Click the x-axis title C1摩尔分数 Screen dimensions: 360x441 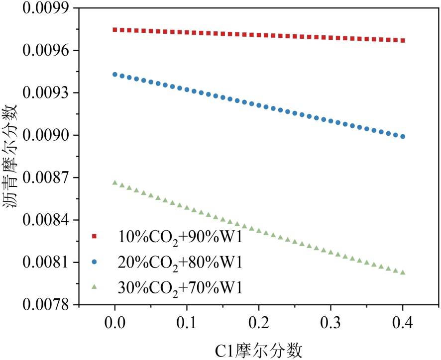259,350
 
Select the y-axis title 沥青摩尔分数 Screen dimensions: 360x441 13,157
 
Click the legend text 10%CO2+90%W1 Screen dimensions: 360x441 180,236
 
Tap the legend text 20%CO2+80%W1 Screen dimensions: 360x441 180,262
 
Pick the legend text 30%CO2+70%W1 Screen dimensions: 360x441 180,287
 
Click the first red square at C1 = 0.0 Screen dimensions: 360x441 115,30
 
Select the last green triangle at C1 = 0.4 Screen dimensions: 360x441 403,272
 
